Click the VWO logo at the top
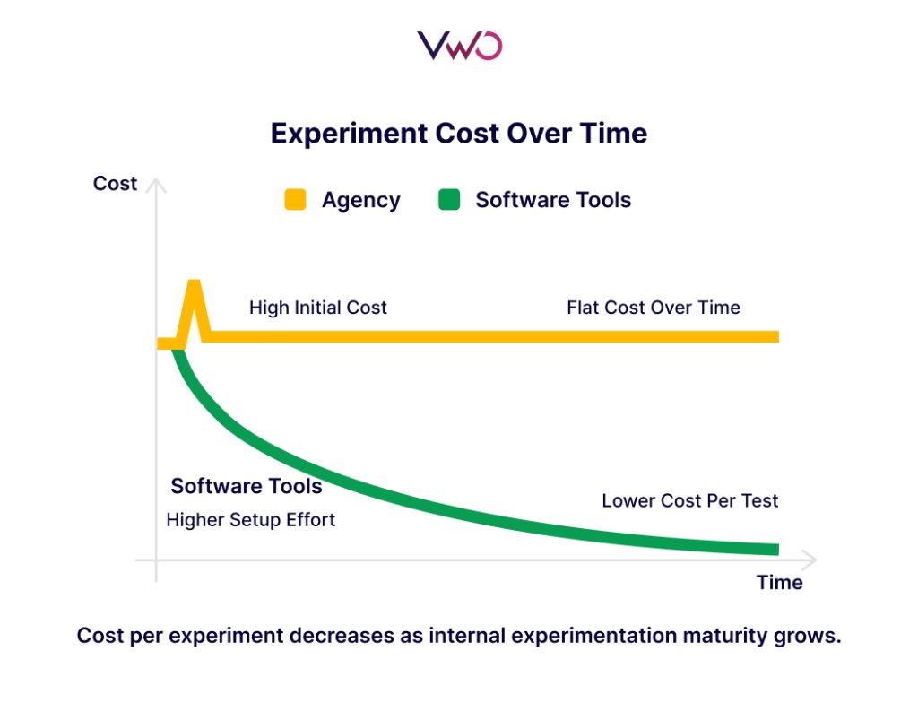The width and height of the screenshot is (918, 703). pyautogui.click(x=459, y=45)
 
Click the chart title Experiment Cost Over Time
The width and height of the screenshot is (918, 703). pyautogui.click(x=459, y=134)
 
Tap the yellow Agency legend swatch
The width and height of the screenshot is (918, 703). pyautogui.click(x=295, y=200)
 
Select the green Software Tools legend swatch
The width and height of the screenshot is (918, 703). pyautogui.click(x=448, y=200)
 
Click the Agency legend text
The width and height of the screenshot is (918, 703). pyautogui.click(x=360, y=200)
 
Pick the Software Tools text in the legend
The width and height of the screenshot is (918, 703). pyautogui.click(x=553, y=200)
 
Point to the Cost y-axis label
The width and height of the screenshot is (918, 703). pyautogui.click(x=115, y=184)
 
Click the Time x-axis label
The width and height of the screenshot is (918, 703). pyautogui.click(x=779, y=583)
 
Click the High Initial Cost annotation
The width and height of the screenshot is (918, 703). pyautogui.click(x=317, y=308)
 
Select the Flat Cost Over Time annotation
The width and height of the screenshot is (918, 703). pyautogui.click(x=653, y=308)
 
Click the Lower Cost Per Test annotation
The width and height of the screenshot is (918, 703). pyautogui.click(x=689, y=501)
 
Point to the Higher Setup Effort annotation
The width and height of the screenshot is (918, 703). pyautogui.click(x=251, y=520)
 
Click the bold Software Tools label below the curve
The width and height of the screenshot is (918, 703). pyautogui.click(x=247, y=487)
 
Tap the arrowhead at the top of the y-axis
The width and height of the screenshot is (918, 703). pyautogui.click(x=156, y=184)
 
